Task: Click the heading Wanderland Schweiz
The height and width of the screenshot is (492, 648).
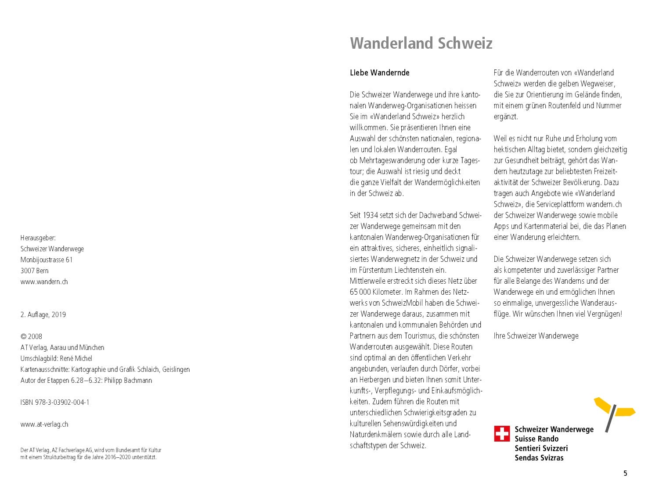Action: pos(421,43)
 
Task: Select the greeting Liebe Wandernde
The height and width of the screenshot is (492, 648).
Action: pos(379,73)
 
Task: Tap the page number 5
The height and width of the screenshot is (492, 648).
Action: pos(625,473)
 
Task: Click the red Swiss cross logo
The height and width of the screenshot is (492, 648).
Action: pos(502,433)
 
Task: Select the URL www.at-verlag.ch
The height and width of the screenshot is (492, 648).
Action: pos(44,424)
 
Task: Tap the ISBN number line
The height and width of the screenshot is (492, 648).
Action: pos(55,403)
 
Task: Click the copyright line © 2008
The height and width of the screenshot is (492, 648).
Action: pos(31,337)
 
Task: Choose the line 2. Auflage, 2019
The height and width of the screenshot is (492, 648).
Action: pos(43,315)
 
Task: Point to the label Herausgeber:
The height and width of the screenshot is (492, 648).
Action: pos(38,238)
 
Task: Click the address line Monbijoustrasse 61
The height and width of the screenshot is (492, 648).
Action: pos(47,260)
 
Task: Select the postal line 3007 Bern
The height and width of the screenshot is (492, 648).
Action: pos(34,271)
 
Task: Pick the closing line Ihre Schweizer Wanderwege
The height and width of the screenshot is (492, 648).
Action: pos(536,336)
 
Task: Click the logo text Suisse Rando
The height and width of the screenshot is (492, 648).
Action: pos(536,439)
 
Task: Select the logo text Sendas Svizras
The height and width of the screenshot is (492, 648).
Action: pos(539,458)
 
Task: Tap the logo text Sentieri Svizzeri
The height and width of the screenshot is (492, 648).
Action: pos(541,449)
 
